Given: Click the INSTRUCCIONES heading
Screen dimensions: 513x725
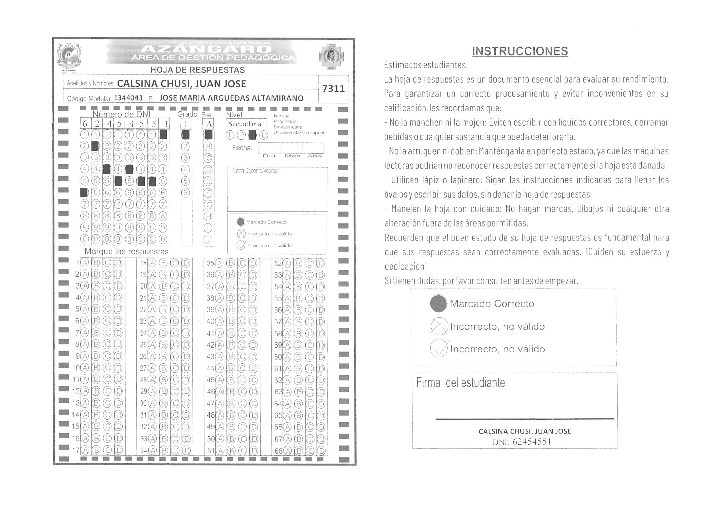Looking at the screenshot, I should click(x=520, y=51).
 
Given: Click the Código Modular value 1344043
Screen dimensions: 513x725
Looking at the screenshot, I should click(x=128, y=98).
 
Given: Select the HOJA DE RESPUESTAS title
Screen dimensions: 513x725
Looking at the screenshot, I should click(x=197, y=70).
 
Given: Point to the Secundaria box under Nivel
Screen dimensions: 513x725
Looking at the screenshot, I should click(x=246, y=124).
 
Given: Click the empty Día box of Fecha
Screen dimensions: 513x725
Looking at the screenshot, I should click(x=269, y=148).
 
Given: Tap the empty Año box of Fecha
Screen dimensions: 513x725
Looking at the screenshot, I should click(x=313, y=148).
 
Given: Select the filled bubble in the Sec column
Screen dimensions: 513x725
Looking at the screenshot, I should click(x=208, y=135).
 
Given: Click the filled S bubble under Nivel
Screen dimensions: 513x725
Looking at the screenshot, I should click(x=252, y=135).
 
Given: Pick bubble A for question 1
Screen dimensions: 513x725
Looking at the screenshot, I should click(x=85, y=263).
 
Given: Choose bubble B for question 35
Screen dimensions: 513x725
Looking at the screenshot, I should click(x=231, y=263).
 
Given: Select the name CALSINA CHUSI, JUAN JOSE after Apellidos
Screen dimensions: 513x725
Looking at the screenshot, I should click(x=181, y=84).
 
